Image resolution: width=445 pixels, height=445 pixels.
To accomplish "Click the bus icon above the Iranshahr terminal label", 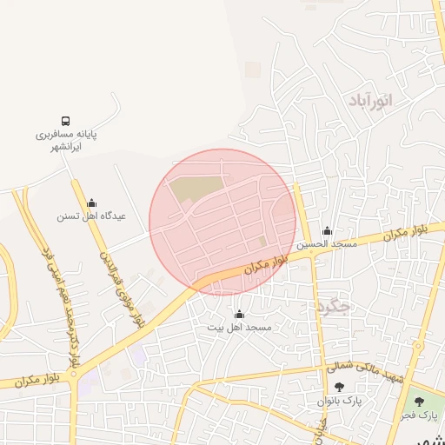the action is click(x=66, y=120).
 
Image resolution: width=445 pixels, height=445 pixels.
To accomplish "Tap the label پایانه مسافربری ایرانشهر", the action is click(x=66, y=141).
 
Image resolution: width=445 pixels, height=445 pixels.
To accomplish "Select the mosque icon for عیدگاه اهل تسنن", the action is click(x=92, y=203).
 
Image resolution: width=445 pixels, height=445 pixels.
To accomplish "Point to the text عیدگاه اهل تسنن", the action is click(x=91, y=216).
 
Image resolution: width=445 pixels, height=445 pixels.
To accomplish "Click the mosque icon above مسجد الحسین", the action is click(x=327, y=231).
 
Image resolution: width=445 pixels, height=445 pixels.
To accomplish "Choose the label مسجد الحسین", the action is click(x=327, y=245).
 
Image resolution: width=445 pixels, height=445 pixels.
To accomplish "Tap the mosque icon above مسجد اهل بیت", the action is click(x=240, y=314).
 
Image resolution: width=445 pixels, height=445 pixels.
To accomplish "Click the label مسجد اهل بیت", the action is click(x=239, y=328).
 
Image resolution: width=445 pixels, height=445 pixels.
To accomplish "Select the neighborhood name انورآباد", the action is click(x=371, y=101).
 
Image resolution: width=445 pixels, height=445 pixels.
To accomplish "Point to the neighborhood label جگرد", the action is click(x=332, y=306).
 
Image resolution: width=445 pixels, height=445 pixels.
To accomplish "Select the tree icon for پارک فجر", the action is click(x=421, y=402).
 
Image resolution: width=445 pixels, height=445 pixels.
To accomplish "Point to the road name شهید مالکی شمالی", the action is click(x=365, y=376).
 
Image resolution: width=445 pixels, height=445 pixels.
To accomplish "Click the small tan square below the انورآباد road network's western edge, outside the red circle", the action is click(x=253, y=69).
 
